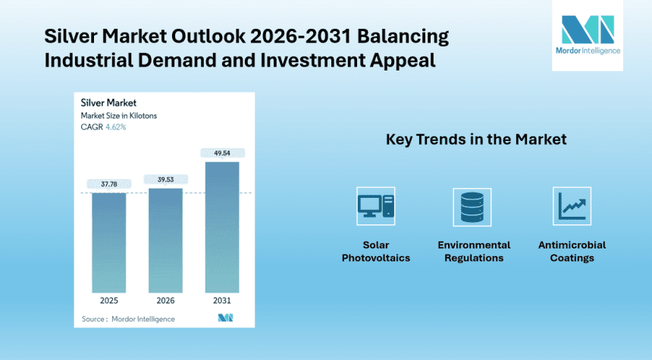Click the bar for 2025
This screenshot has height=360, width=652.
tap(109, 243)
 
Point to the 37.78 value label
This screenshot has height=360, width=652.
tap(109, 182)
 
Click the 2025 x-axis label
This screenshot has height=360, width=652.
tap(109, 301)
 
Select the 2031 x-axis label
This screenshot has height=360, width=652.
tap(221, 301)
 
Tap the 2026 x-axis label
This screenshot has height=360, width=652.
tap(165, 301)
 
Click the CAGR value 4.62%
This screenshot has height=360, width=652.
tap(114, 127)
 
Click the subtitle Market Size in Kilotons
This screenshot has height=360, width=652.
tap(119, 115)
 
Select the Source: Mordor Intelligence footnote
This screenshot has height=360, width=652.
tap(128, 319)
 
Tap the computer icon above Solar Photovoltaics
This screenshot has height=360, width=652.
tap(375, 207)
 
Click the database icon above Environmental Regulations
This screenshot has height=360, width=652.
tap(473, 207)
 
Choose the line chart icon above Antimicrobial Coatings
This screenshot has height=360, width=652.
tap(572, 207)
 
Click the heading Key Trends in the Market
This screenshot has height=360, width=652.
tap(476, 140)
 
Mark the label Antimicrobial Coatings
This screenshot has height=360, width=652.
tap(572, 251)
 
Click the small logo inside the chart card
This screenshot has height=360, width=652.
tap(224, 318)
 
